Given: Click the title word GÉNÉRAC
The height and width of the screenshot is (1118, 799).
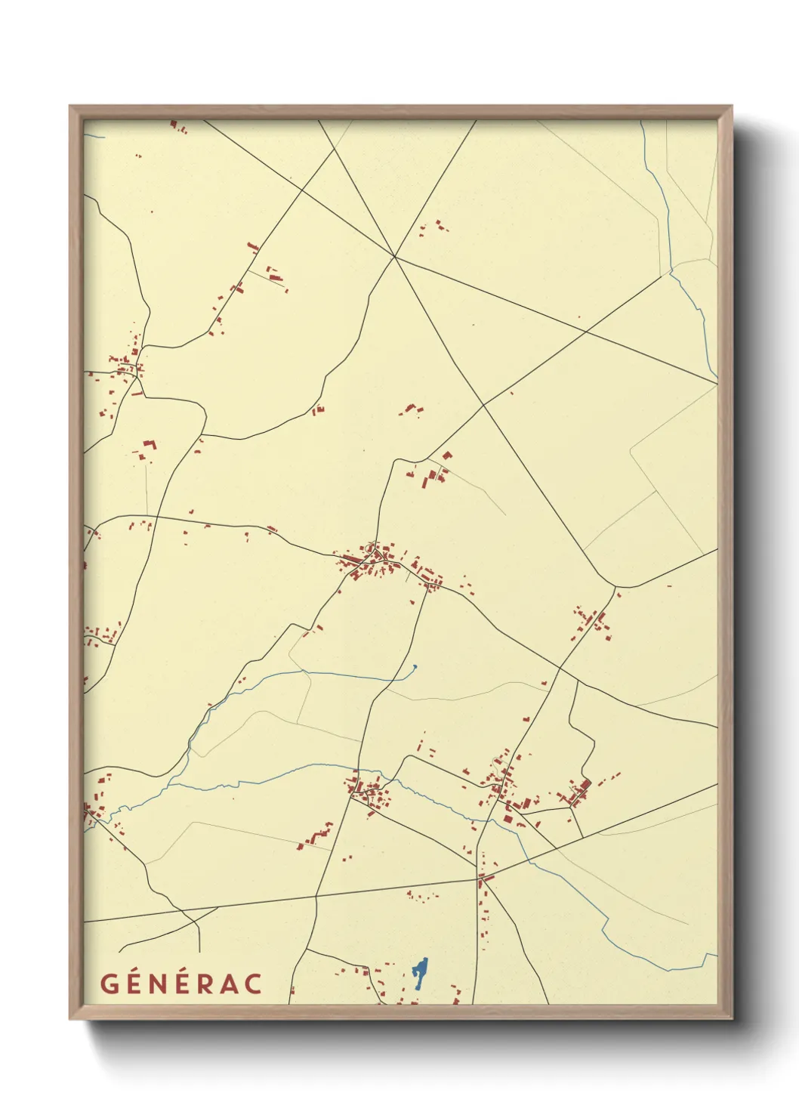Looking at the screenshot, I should pyautogui.click(x=181, y=984).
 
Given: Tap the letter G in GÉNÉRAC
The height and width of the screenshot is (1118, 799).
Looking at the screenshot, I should pyautogui.click(x=110, y=984).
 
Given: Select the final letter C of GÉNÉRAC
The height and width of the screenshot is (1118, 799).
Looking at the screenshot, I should pyautogui.click(x=253, y=984).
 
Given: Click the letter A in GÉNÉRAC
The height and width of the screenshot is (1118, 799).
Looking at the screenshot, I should pyautogui.click(x=229, y=984).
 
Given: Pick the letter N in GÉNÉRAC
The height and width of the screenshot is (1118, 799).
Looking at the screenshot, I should pyautogui.click(x=159, y=984).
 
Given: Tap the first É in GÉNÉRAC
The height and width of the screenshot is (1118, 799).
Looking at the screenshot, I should pyautogui.click(x=134, y=984).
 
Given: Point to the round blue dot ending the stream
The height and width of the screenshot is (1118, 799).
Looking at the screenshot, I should pyautogui.click(x=415, y=666).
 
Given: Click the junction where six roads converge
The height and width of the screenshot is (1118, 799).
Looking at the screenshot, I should pyautogui.click(x=394, y=257).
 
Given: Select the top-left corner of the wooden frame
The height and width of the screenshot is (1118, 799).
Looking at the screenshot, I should pyautogui.click(x=70, y=107).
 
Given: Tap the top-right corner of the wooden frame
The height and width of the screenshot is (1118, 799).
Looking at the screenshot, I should pyautogui.click(x=731, y=107).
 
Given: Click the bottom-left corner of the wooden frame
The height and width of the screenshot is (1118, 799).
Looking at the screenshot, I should pyautogui.click(x=70, y=1018).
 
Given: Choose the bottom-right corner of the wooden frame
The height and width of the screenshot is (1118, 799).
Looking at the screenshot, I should pyautogui.click(x=731, y=1018).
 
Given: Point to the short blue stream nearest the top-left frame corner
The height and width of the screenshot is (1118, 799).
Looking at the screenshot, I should pyautogui.click(x=94, y=136).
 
